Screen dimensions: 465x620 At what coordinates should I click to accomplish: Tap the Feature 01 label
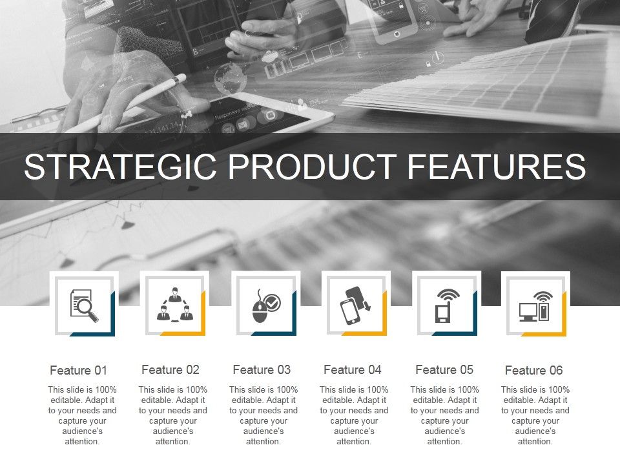78,371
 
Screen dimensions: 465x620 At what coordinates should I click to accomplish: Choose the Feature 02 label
170,370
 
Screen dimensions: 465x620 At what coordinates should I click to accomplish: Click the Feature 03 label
262,370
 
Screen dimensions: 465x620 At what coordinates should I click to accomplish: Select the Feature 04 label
353,370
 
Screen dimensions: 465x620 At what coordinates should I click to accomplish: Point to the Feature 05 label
444,370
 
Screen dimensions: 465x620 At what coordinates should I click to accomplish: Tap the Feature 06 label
533,371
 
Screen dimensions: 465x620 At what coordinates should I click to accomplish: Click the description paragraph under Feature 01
82,415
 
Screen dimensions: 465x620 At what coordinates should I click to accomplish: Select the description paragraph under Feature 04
354,415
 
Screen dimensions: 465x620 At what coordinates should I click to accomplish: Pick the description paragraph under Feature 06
535,415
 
